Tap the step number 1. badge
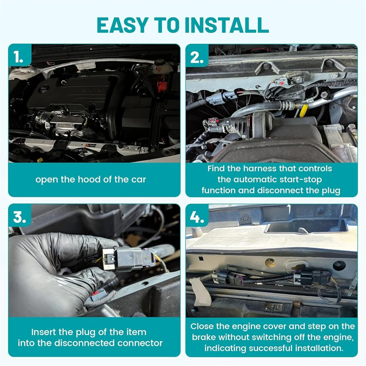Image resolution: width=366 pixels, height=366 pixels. point(19,57)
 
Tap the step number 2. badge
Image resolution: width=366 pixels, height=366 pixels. point(197,57)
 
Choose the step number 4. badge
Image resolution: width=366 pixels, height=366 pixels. point(197,217)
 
